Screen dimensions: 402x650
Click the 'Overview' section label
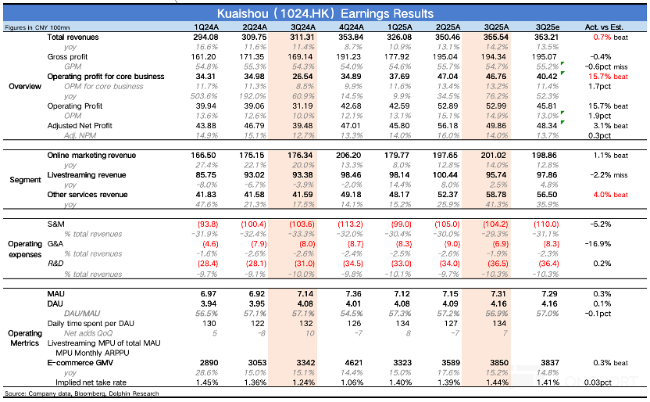[24, 86]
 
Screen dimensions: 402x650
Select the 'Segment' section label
[24, 180]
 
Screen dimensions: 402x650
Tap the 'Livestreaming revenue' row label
[86, 174]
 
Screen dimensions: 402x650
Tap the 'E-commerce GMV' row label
[77, 364]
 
